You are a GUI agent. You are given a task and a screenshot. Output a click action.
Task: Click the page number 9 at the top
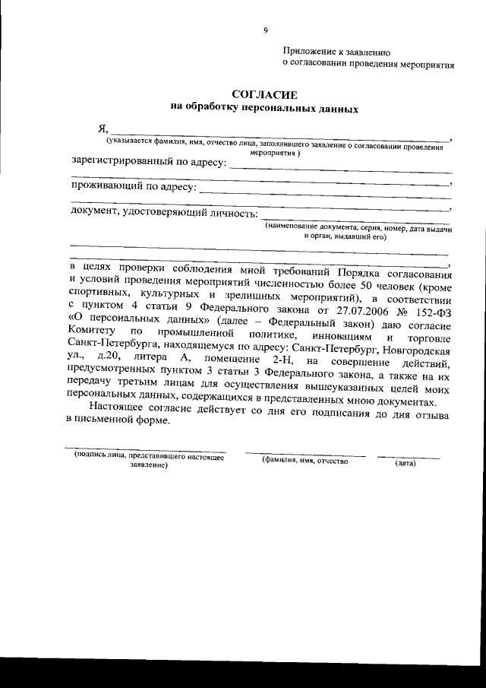pos(266,30)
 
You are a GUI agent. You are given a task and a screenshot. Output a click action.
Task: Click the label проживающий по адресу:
pos(134,186)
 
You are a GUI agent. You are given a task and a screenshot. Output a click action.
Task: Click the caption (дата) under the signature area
pos(405,463)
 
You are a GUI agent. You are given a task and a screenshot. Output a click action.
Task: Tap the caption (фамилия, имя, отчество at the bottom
pos(305,461)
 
